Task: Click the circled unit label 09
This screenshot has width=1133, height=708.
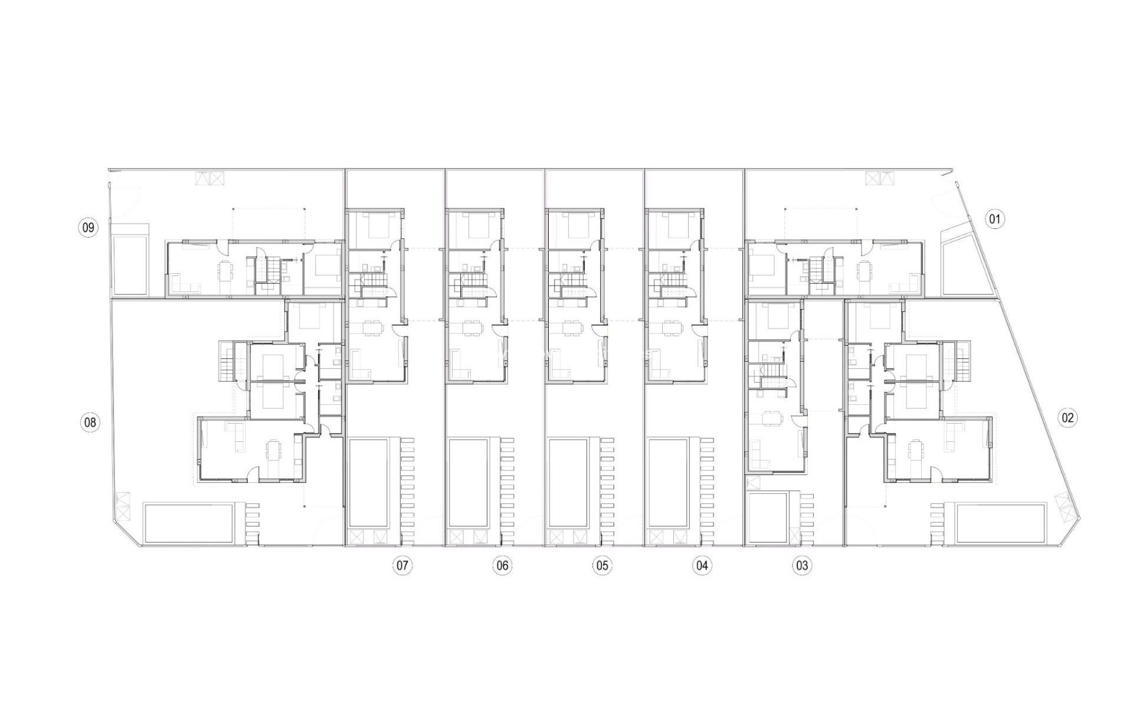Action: click(88, 227)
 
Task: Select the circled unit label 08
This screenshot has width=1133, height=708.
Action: click(90, 422)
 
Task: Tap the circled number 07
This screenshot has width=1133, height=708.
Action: click(402, 566)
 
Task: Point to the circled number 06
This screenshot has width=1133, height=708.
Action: click(502, 566)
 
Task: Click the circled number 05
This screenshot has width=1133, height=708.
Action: click(601, 566)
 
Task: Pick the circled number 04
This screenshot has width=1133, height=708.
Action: click(702, 566)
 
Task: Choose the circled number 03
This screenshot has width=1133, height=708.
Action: click(802, 566)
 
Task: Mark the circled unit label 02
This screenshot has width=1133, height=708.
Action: click(1068, 418)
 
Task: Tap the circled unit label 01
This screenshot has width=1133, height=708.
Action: click(995, 219)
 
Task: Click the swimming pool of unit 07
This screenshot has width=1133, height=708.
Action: click(368, 483)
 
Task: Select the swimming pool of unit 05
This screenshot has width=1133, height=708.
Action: click(568, 483)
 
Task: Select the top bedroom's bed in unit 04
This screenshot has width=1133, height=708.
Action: click(672, 225)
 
